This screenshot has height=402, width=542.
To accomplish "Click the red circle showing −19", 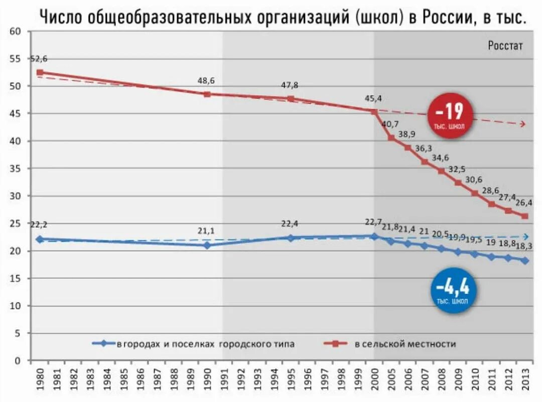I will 450,115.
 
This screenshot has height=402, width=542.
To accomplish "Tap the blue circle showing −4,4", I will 453,290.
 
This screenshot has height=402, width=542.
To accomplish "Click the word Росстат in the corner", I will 505,46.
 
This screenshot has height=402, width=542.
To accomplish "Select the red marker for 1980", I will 40,72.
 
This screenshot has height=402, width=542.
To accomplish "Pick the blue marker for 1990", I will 207,245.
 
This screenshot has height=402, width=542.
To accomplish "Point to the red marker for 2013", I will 525,216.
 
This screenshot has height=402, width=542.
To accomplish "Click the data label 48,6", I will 206,80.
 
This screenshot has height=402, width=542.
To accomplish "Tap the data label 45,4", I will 374,98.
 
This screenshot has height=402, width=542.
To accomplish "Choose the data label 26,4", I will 523,203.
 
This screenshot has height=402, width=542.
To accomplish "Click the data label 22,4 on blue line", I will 290,223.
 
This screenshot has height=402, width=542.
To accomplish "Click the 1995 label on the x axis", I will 291,384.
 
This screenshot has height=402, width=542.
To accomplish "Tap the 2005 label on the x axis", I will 391,384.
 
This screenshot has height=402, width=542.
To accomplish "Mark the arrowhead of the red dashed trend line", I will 523,124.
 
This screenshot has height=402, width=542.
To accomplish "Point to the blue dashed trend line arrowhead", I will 525,237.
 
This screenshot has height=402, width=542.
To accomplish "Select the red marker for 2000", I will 374,112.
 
